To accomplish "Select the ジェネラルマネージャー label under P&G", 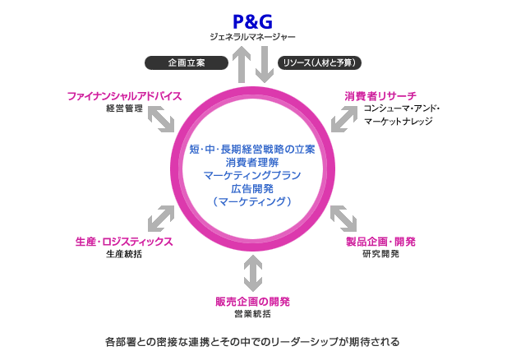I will click(x=251, y=37).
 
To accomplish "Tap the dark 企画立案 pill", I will click(x=186, y=62).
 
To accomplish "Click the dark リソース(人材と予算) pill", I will click(x=320, y=62).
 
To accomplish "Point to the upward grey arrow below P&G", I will click(x=242, y=64).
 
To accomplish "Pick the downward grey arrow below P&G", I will click(x=264, y=64).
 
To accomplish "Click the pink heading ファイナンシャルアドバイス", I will click(x=124, y=95).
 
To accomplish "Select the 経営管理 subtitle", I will click(x=125, y=108).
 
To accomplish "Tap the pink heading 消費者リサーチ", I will click(x=380, y=95).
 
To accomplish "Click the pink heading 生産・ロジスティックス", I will click(x=124, y=242).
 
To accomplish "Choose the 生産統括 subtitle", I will click(x=124, y=255).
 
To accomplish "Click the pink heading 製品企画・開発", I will click(x=380, y=242).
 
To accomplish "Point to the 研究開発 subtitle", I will click(x=380, y=254).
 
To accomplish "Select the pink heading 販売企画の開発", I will click(x=252, y=301).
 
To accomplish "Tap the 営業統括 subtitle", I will click(x=252, y=314).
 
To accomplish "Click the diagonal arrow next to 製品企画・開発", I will click(x=343, y=219).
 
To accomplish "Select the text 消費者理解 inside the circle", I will click(x=252, y=162).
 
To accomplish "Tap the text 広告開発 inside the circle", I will click(x=252, y=188).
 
